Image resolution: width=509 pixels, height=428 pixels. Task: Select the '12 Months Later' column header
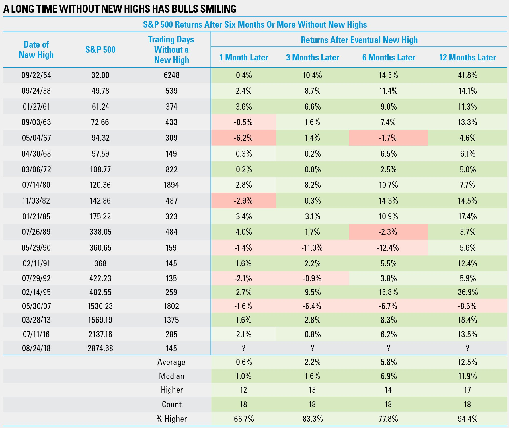(467, 57)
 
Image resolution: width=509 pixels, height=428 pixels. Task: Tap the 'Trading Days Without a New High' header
(171, 50)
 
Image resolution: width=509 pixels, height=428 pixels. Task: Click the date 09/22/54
(36, 75)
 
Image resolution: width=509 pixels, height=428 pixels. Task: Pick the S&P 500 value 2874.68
(100, 348)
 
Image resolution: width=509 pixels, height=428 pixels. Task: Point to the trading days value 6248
(171, 75)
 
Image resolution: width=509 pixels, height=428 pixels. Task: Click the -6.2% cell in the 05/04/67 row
(243, 138)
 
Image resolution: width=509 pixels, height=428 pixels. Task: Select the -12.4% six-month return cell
(388, 248)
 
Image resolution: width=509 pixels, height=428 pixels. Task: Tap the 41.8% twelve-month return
(467, 75)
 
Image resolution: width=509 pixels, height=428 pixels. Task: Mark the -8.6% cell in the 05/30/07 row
(467, 306)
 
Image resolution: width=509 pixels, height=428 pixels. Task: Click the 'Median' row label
(171, 376)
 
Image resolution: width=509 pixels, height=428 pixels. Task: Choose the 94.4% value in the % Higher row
(467, 419)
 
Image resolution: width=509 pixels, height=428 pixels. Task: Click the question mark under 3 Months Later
(312, 348)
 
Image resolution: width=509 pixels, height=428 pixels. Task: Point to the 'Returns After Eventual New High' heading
(359, 40)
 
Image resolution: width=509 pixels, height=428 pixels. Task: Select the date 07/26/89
(36, 232)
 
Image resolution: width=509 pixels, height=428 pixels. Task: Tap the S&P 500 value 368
(100, 263)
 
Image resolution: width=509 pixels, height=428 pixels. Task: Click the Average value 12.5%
(467, 362)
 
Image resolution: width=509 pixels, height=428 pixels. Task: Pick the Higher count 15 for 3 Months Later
(312, 390)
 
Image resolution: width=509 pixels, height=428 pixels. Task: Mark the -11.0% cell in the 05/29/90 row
(312, 248)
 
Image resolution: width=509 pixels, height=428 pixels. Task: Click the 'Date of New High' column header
(36, 50)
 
